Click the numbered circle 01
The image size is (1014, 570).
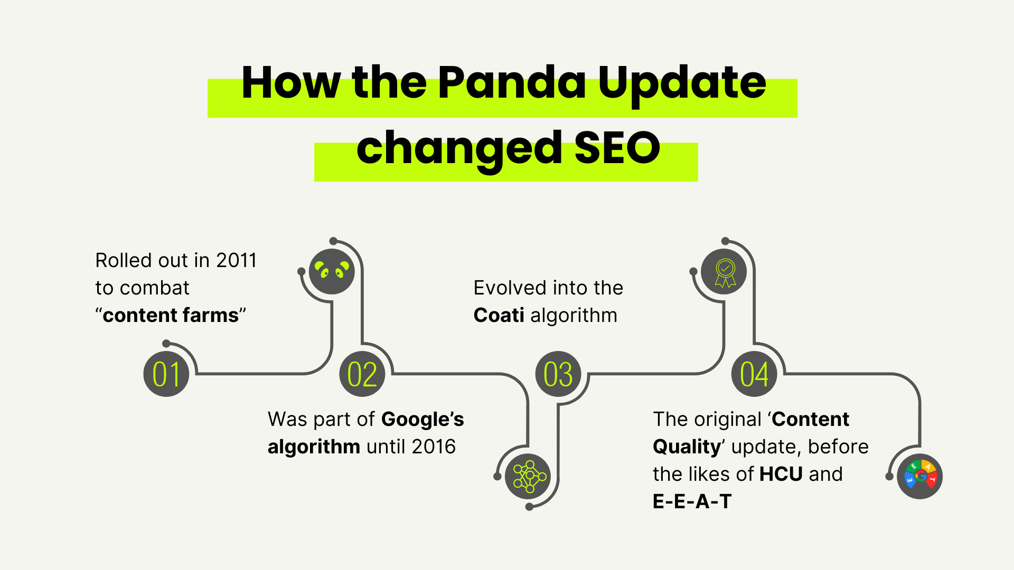pyautogui.click(x=166, y=374)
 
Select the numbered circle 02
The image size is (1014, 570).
pyautogui.click(x=362, y=374)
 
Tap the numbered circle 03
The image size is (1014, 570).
pyautogui.click(x=558, y=374)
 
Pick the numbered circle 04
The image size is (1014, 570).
pyautogui.click(x=754, y=374)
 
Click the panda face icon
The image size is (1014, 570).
pyautogui.click(x=332, y=272)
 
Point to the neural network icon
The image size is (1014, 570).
pyautogui.click(x=528, y=476)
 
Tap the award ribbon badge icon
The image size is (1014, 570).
pyautogui.click(x=725, y=272)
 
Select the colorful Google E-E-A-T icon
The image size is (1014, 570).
pyautogui.click(x=920, y=476)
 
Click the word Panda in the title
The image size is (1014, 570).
pyautogui.click(x=512, y=83)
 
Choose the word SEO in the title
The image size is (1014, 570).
pyautogui.click(x=617, y=148)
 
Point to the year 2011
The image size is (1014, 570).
pyautogui.click(x=237, y=260)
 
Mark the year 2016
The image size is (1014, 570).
pyautogui.click(x=434, y=446)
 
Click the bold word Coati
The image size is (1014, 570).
pyautogui.click(x=499, y=315)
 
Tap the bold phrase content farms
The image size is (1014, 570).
pyautogui.click(x=171, y=315)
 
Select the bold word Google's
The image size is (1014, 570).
pyautogui.click(x=422, y=420)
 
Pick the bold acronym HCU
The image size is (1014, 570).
pyautogui.click(x=781, y=474)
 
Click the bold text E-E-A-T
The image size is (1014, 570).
pyautogui.click(x=692, y=501)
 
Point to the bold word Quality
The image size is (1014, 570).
pyautogui.click(x=687, y=447)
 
